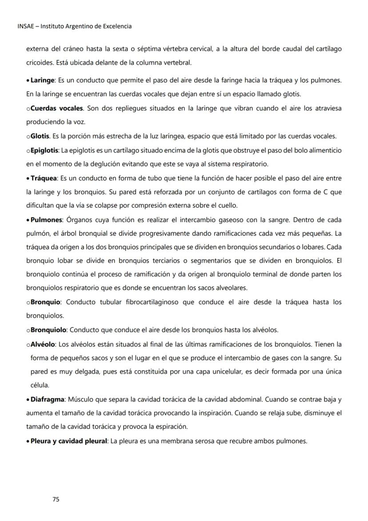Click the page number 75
click(x=56, y=499)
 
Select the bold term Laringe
click(x=42, y=80)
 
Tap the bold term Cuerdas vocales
click(x=56, y=108)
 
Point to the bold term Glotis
click(x=40, y=136)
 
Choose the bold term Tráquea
click(x=44, y=178)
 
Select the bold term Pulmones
click(x=46, y=219)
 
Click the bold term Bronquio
click(x=45, y=302)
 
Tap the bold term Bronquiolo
click(x=48, y=330)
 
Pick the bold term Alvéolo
click(x=43, y=344)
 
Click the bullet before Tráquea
click(x=28, y=178)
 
